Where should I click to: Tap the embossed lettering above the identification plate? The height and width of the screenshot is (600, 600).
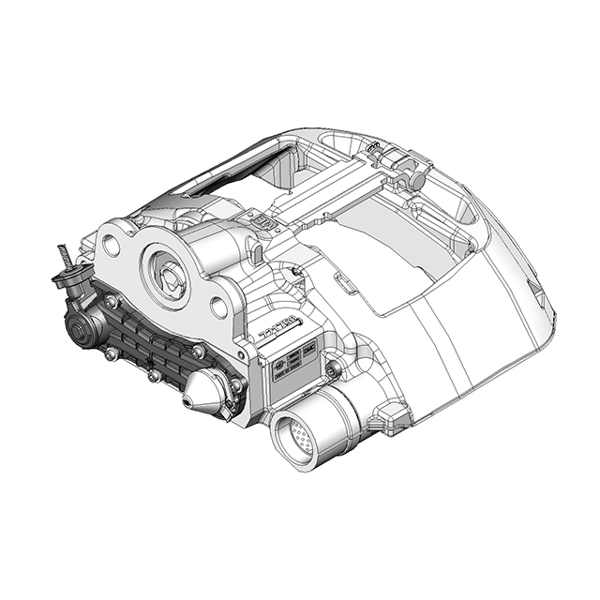279,331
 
